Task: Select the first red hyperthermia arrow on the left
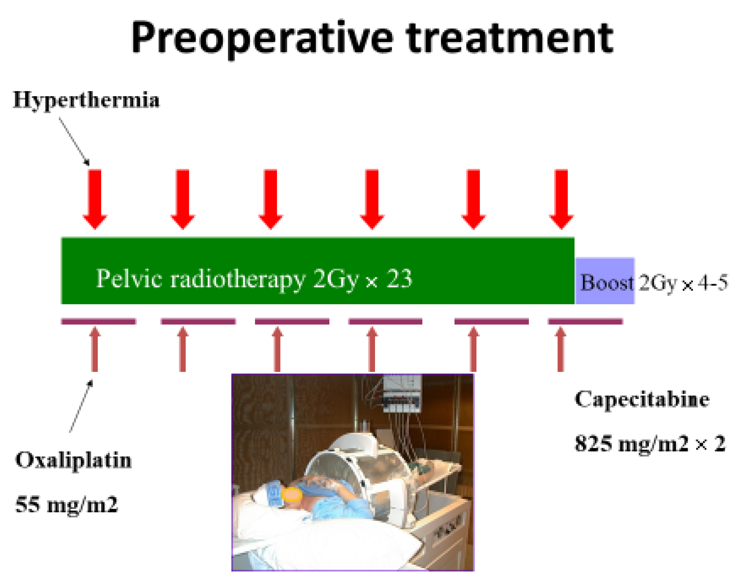point(95,199)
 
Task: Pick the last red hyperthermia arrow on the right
point(561,199)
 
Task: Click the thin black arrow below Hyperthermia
point(74,142)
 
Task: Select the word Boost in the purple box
point(607,283)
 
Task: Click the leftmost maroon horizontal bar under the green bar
point(98,321)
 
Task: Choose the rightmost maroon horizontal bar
point(585,321)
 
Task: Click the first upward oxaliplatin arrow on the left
point(95,349)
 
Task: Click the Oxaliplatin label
point(73,460)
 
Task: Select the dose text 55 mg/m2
point(67,504)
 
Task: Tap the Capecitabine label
point(642,399)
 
